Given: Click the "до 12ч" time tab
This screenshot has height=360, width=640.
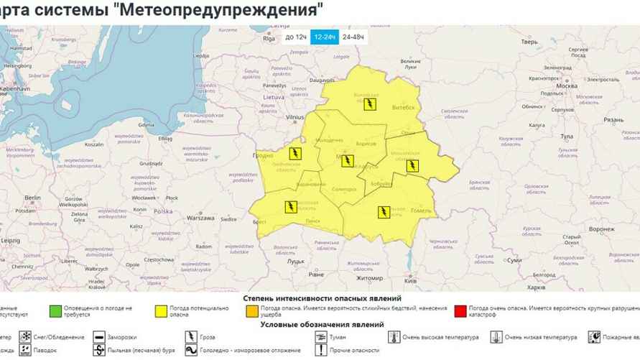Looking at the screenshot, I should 296,37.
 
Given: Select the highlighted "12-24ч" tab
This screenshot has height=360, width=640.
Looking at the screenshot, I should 325,37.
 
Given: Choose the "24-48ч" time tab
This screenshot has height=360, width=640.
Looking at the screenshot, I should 353,37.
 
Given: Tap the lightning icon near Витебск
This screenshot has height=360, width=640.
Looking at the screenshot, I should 369,104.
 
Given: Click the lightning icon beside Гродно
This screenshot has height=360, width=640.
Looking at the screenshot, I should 295,153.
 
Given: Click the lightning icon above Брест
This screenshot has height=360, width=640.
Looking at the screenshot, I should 290,208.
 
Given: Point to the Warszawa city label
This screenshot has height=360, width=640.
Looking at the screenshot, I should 201,216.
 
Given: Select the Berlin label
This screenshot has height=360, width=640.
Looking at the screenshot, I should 32,198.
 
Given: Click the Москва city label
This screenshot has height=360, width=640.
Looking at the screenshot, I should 567,86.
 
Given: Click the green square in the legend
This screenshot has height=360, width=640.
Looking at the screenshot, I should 55,312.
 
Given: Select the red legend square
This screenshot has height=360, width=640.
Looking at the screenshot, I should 460,312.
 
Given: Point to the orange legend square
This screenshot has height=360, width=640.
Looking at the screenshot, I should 251,312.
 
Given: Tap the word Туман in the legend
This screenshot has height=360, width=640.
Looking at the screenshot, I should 340,337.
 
